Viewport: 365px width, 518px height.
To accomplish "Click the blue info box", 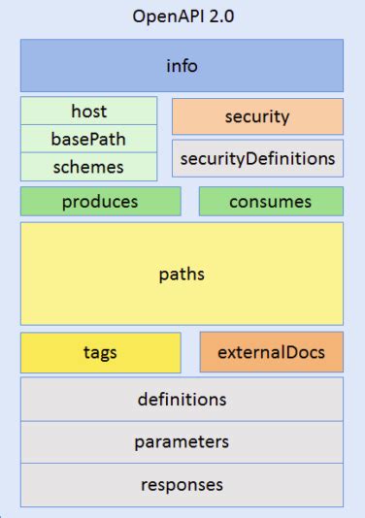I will coord(182,66).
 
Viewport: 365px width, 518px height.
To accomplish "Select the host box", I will coord(88,112).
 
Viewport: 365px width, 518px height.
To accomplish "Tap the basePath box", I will coord(88,139).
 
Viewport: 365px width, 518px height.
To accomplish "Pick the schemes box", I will coord(88,167).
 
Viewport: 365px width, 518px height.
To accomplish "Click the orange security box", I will coord(257,116).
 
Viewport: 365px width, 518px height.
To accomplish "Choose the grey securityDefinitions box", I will coord(257,158).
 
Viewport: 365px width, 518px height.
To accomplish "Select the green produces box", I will coord(100,202).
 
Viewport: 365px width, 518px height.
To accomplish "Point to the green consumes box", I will coord(271,202).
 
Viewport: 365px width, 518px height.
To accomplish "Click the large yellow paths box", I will coord(182,274).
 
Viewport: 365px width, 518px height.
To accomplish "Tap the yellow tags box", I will coord(100,352).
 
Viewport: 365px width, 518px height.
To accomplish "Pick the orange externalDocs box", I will coord(271,352).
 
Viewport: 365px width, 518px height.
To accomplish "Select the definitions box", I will coord(182,399).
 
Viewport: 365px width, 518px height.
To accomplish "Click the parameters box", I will coord(182,441).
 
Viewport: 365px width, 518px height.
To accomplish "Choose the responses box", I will coord(182,484).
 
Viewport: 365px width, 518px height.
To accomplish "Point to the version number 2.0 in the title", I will coord(220,16).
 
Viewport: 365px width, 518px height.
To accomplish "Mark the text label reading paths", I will coord(182,274).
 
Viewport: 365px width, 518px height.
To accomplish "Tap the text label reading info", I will coord(182,66).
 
